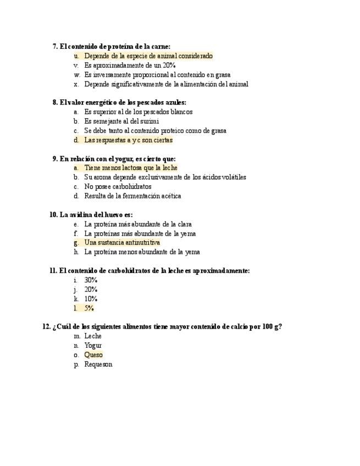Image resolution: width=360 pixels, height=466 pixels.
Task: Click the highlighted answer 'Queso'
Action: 93,355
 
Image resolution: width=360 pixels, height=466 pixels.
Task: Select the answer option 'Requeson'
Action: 98,364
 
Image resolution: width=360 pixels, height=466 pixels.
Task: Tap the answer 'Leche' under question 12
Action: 93,336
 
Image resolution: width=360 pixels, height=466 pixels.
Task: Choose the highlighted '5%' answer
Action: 88,308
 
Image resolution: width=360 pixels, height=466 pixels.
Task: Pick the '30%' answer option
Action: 91,280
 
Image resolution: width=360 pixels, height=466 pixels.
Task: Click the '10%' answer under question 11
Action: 91,299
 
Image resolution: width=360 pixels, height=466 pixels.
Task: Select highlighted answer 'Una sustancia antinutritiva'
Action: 122,242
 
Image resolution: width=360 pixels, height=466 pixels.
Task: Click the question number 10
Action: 53,215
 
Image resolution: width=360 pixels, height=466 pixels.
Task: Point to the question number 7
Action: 55,47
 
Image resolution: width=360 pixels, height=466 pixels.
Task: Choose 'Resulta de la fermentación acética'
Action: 132,196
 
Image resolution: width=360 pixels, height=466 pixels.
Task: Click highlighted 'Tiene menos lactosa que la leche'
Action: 131,168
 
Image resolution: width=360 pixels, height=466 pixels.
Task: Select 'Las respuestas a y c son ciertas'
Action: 128,140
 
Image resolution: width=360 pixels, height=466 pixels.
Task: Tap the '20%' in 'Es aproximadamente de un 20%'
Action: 168,65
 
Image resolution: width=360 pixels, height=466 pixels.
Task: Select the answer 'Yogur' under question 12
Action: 93,346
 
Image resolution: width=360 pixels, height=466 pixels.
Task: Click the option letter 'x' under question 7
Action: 76,84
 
